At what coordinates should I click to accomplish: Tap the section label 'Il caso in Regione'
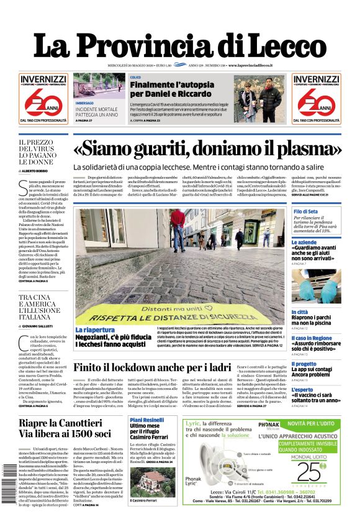pos(312,338)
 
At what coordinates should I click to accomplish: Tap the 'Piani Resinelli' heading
pos(146,420)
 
